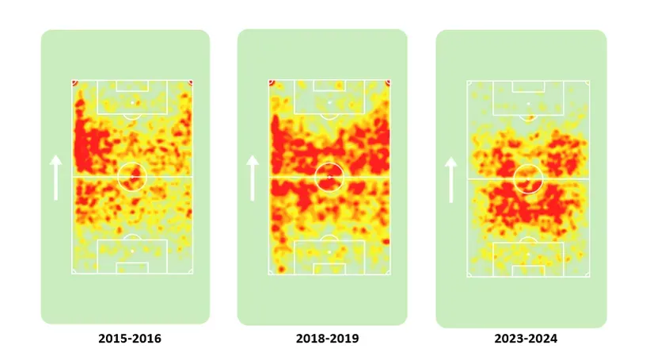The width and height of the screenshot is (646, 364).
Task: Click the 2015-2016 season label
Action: point(130,339)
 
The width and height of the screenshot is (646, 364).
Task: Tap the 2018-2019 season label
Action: point(327,339)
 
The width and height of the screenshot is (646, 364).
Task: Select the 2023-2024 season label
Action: point(526,339)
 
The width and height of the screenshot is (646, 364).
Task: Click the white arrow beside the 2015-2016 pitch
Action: point(55,177)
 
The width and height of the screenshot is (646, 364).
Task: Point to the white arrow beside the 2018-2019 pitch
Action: point(253,177)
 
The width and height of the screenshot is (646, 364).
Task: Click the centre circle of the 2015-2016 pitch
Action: point(132,176)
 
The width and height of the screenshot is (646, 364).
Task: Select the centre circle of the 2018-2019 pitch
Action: point(329,176)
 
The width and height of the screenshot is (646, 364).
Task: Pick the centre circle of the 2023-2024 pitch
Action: point(527,178)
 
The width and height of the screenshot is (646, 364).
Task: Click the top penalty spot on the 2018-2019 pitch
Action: point(329,102)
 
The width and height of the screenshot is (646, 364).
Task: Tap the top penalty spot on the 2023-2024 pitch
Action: point(527,104)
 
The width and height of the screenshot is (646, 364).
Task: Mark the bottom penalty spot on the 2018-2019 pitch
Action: point(329,251)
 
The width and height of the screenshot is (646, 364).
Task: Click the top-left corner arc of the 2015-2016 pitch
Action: point(74,82)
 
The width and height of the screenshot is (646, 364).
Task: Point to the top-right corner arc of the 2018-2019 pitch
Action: point(388,82)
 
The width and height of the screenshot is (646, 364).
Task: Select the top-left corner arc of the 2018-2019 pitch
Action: point(272,82)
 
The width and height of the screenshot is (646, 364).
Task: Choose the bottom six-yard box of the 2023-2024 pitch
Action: point(527,270)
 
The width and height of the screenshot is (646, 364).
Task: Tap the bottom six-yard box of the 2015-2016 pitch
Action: point(132,268)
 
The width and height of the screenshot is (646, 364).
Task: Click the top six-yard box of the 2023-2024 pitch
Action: point(527,86)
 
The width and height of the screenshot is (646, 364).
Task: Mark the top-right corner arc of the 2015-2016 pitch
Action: point(190,82)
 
